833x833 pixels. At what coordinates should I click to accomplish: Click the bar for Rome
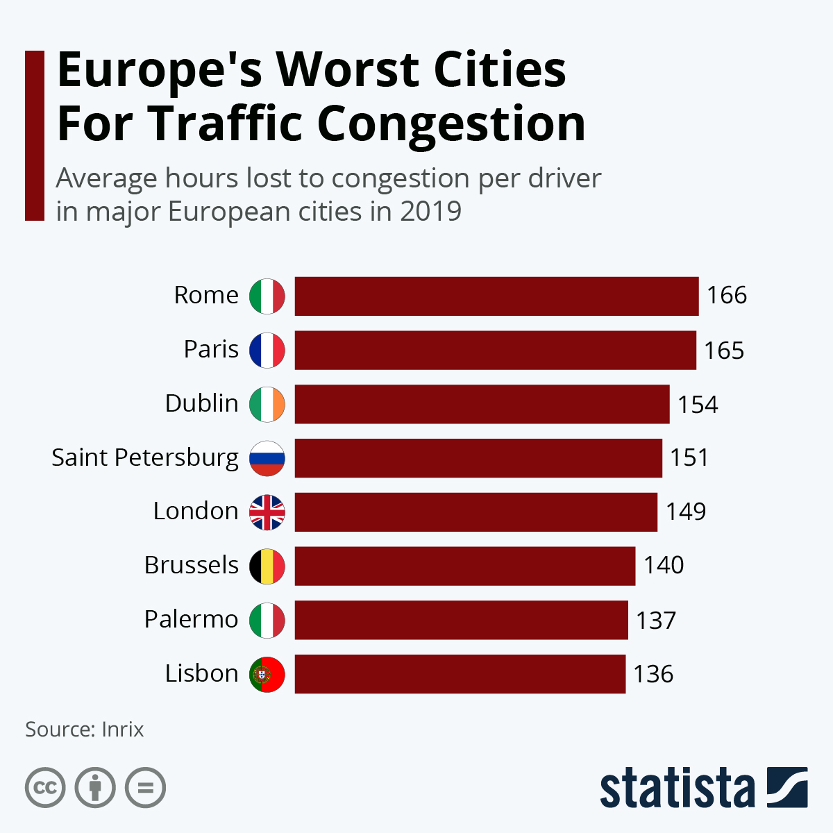tap(496, 296)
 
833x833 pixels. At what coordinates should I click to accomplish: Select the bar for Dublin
tap(482, 404)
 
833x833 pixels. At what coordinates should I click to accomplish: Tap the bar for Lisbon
tap(460, 674)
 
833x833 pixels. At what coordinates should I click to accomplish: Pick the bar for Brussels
tap(464, 566)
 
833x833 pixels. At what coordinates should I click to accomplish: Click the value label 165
tap(724, 351)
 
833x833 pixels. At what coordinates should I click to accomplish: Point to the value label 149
tap(686, 512)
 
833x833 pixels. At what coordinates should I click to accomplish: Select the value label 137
tap(656, 620)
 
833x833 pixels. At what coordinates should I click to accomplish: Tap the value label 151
tap(689, 458)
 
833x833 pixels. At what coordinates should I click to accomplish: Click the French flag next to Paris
tap(267, 350)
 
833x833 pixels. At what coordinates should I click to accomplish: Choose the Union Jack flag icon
tap(267, 512)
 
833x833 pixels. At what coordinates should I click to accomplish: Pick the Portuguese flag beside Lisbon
tap(267, 674)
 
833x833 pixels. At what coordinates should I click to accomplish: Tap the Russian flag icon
tap(267, 458)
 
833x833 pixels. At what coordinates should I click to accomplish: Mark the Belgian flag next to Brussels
tap(267, 566)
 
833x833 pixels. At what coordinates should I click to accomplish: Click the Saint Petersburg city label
tap(145, 458)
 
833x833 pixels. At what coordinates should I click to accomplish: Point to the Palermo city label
tap(191, 619)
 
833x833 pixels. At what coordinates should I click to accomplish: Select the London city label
tap(196, 512)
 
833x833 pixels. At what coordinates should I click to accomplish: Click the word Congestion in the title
tap(451, 124)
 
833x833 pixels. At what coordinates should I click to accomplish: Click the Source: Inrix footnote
tap(85, 730)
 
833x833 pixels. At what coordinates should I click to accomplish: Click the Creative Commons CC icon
tap(45, 788)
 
